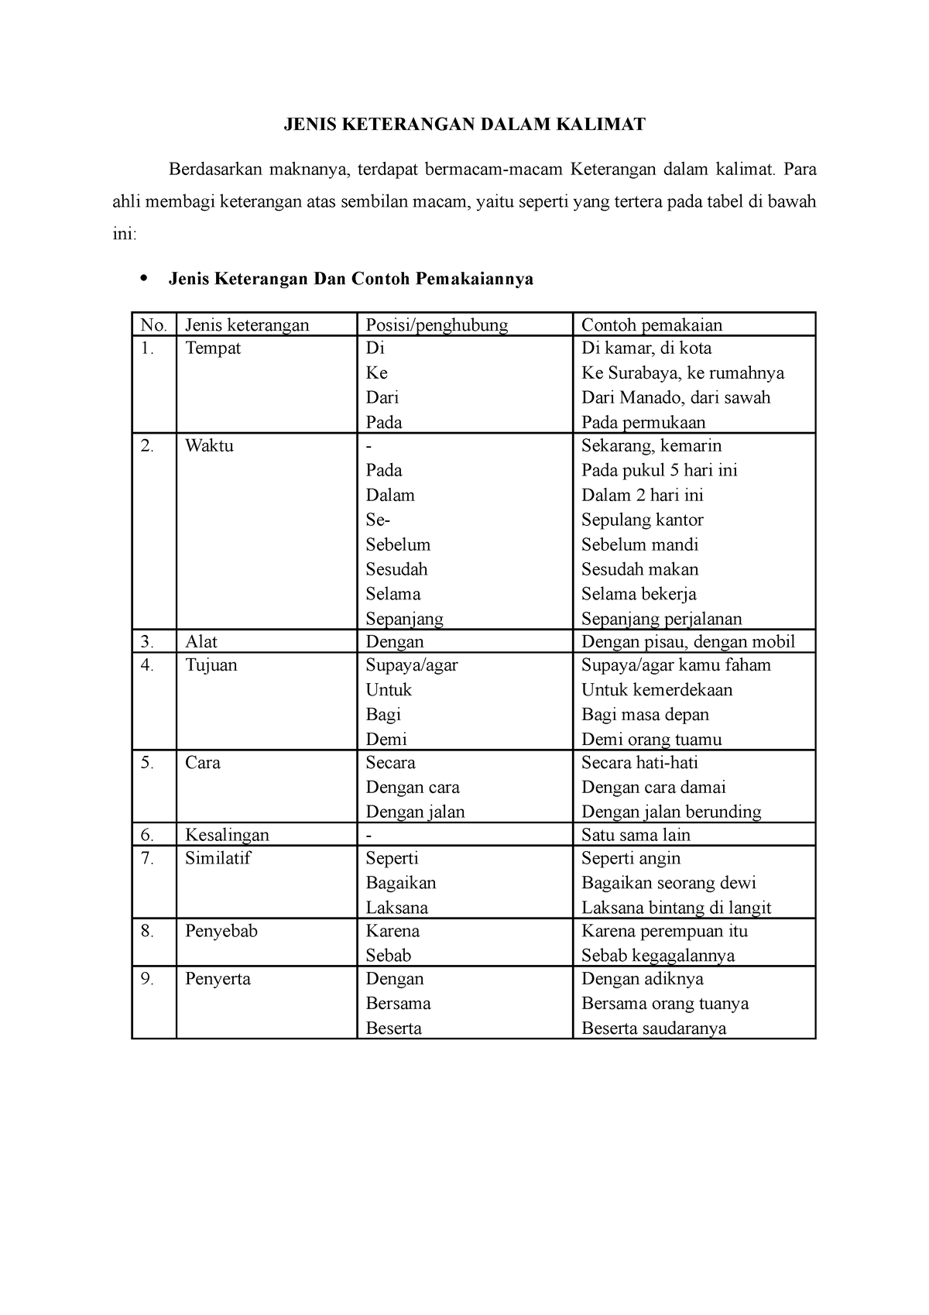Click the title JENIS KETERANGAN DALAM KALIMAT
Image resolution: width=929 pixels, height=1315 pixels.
(463, 124)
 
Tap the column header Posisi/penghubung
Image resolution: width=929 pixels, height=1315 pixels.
(437, 325)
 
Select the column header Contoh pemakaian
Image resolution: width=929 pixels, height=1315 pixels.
(651, 325)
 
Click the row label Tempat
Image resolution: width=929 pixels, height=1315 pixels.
(213, 348)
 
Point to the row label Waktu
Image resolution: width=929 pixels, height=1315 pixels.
(209, 446)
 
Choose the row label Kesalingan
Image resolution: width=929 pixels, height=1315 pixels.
(227, 835)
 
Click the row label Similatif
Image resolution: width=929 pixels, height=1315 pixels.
(218, 858)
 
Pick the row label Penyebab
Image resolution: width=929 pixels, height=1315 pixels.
(221, 931)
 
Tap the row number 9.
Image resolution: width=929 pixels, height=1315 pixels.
(147, 979)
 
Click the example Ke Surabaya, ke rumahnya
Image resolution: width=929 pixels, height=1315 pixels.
(683, 373)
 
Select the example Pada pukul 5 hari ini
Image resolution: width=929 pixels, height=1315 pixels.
(660, 471)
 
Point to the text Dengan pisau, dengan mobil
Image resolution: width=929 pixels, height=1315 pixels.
(688, 642)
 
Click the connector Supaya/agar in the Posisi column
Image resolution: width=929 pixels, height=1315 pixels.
(412, 665)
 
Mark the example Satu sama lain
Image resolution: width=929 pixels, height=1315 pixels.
(636, 835)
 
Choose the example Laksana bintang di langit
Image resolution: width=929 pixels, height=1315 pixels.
(676, 908)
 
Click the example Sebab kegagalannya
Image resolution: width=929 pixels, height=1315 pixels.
(658, 956)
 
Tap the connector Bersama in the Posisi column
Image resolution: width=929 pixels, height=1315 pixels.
(398, 1004)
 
